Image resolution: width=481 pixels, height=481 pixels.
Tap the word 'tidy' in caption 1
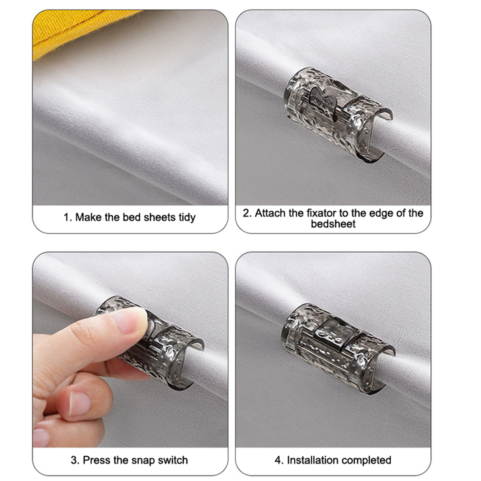point(187,217)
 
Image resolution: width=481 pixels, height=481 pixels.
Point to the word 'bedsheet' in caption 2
point(333,224)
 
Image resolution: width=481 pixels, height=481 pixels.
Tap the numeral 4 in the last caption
point(277,460)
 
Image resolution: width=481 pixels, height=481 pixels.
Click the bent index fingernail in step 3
point(80,404)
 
